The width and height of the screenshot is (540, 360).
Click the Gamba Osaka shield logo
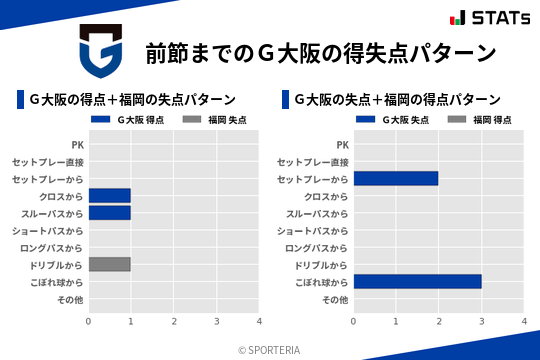pos(100,52)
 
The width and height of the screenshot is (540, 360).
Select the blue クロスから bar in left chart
pos(109,195)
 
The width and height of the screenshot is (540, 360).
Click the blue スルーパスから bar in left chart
pos(109,213)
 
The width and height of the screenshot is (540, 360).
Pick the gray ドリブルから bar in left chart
pos(109,264)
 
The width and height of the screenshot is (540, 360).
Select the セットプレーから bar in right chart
pos(396,178)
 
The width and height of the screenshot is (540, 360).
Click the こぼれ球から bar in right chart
pos(417,282)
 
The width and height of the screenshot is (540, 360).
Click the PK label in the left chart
pos(77,145)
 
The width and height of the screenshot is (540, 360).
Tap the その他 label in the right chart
pos(334,299)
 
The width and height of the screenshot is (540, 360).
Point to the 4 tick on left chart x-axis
pos(259,322)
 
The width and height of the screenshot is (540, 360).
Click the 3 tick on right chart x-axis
pos(482,322)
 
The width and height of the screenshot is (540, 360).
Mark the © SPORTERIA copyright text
pos(269,350)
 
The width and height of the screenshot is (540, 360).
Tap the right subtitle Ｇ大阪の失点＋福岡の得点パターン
pos(397,100)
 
